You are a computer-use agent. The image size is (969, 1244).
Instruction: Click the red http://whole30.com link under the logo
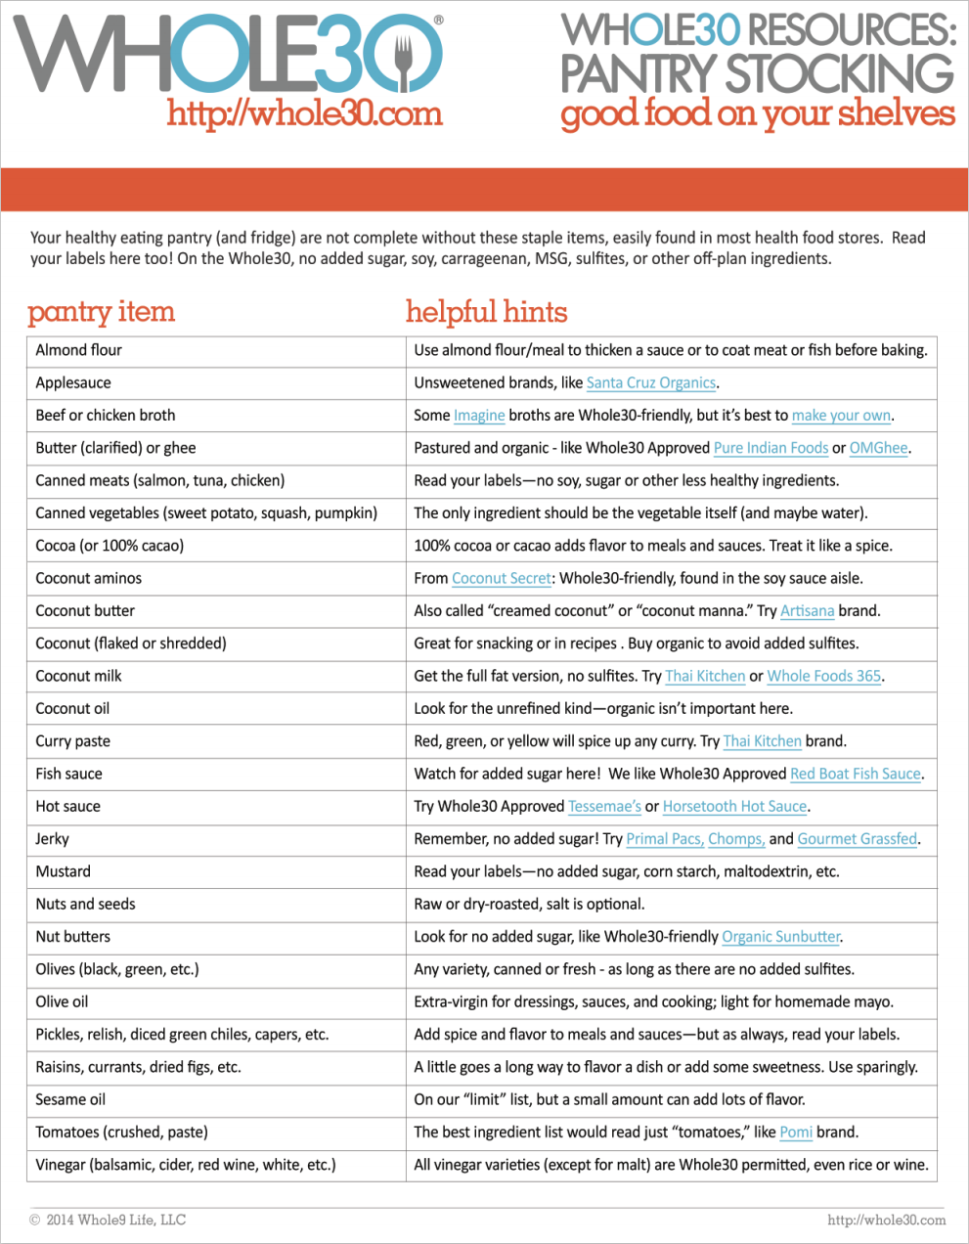[304, 114]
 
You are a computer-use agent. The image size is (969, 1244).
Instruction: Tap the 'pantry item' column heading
[101, 312]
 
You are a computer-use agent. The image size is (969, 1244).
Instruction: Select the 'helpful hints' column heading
[486, 312]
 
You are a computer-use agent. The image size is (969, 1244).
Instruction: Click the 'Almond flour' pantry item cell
[79, 350]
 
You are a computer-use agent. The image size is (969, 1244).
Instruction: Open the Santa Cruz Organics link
[651, 383]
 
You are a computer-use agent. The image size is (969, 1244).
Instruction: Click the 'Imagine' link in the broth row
[479, 416]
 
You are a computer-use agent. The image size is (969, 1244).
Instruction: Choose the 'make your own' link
[841, 416]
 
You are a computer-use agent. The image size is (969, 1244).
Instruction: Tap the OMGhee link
[878, 448]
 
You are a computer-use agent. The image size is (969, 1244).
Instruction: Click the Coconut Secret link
[502, 579]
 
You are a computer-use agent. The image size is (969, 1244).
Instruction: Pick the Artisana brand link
[807, 611]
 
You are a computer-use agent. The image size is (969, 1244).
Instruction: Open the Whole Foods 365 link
[823, 677]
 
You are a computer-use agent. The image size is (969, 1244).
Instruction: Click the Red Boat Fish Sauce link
[856, 775]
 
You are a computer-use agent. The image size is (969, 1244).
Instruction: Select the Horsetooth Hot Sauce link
[734, 807]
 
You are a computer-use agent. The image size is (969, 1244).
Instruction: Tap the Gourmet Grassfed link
[857, 839]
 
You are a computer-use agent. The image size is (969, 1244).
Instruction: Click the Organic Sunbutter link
[780, 937]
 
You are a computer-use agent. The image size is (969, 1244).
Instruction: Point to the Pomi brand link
[796, 1133]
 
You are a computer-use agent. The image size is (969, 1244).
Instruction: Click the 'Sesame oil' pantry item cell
[70, 1100]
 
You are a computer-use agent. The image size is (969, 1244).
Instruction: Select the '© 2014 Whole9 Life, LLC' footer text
[108, 1220]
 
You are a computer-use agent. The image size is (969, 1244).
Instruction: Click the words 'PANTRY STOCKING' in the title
[757, 74]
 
